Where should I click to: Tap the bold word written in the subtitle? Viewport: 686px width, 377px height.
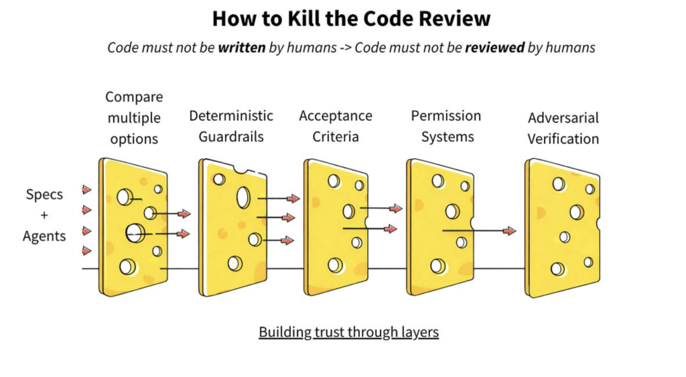click(242, 48)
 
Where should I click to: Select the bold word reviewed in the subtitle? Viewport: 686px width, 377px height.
click(494, 48)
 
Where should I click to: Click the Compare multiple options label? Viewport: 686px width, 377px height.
click(134, 118)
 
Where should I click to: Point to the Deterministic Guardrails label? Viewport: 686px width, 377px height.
click(231, 126)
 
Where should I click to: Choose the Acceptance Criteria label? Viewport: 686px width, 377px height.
click(335, 126)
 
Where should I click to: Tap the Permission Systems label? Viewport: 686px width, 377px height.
click(445, 126)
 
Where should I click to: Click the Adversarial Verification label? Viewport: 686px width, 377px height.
click(563, 128)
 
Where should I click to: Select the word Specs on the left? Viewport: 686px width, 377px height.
click(44, 195)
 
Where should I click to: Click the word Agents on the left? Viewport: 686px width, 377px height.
click(44, 236)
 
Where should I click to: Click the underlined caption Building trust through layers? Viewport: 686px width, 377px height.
click(348, 332)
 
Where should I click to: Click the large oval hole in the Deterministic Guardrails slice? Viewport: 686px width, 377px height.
click(243, 197)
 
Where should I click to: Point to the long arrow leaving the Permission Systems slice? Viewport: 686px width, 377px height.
click(479, 231)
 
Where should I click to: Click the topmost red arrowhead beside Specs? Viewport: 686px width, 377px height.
click(87, 190)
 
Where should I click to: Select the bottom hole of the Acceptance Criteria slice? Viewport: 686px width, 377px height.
click(335, 265)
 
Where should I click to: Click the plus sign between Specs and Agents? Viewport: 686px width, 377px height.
click(44, 215)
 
